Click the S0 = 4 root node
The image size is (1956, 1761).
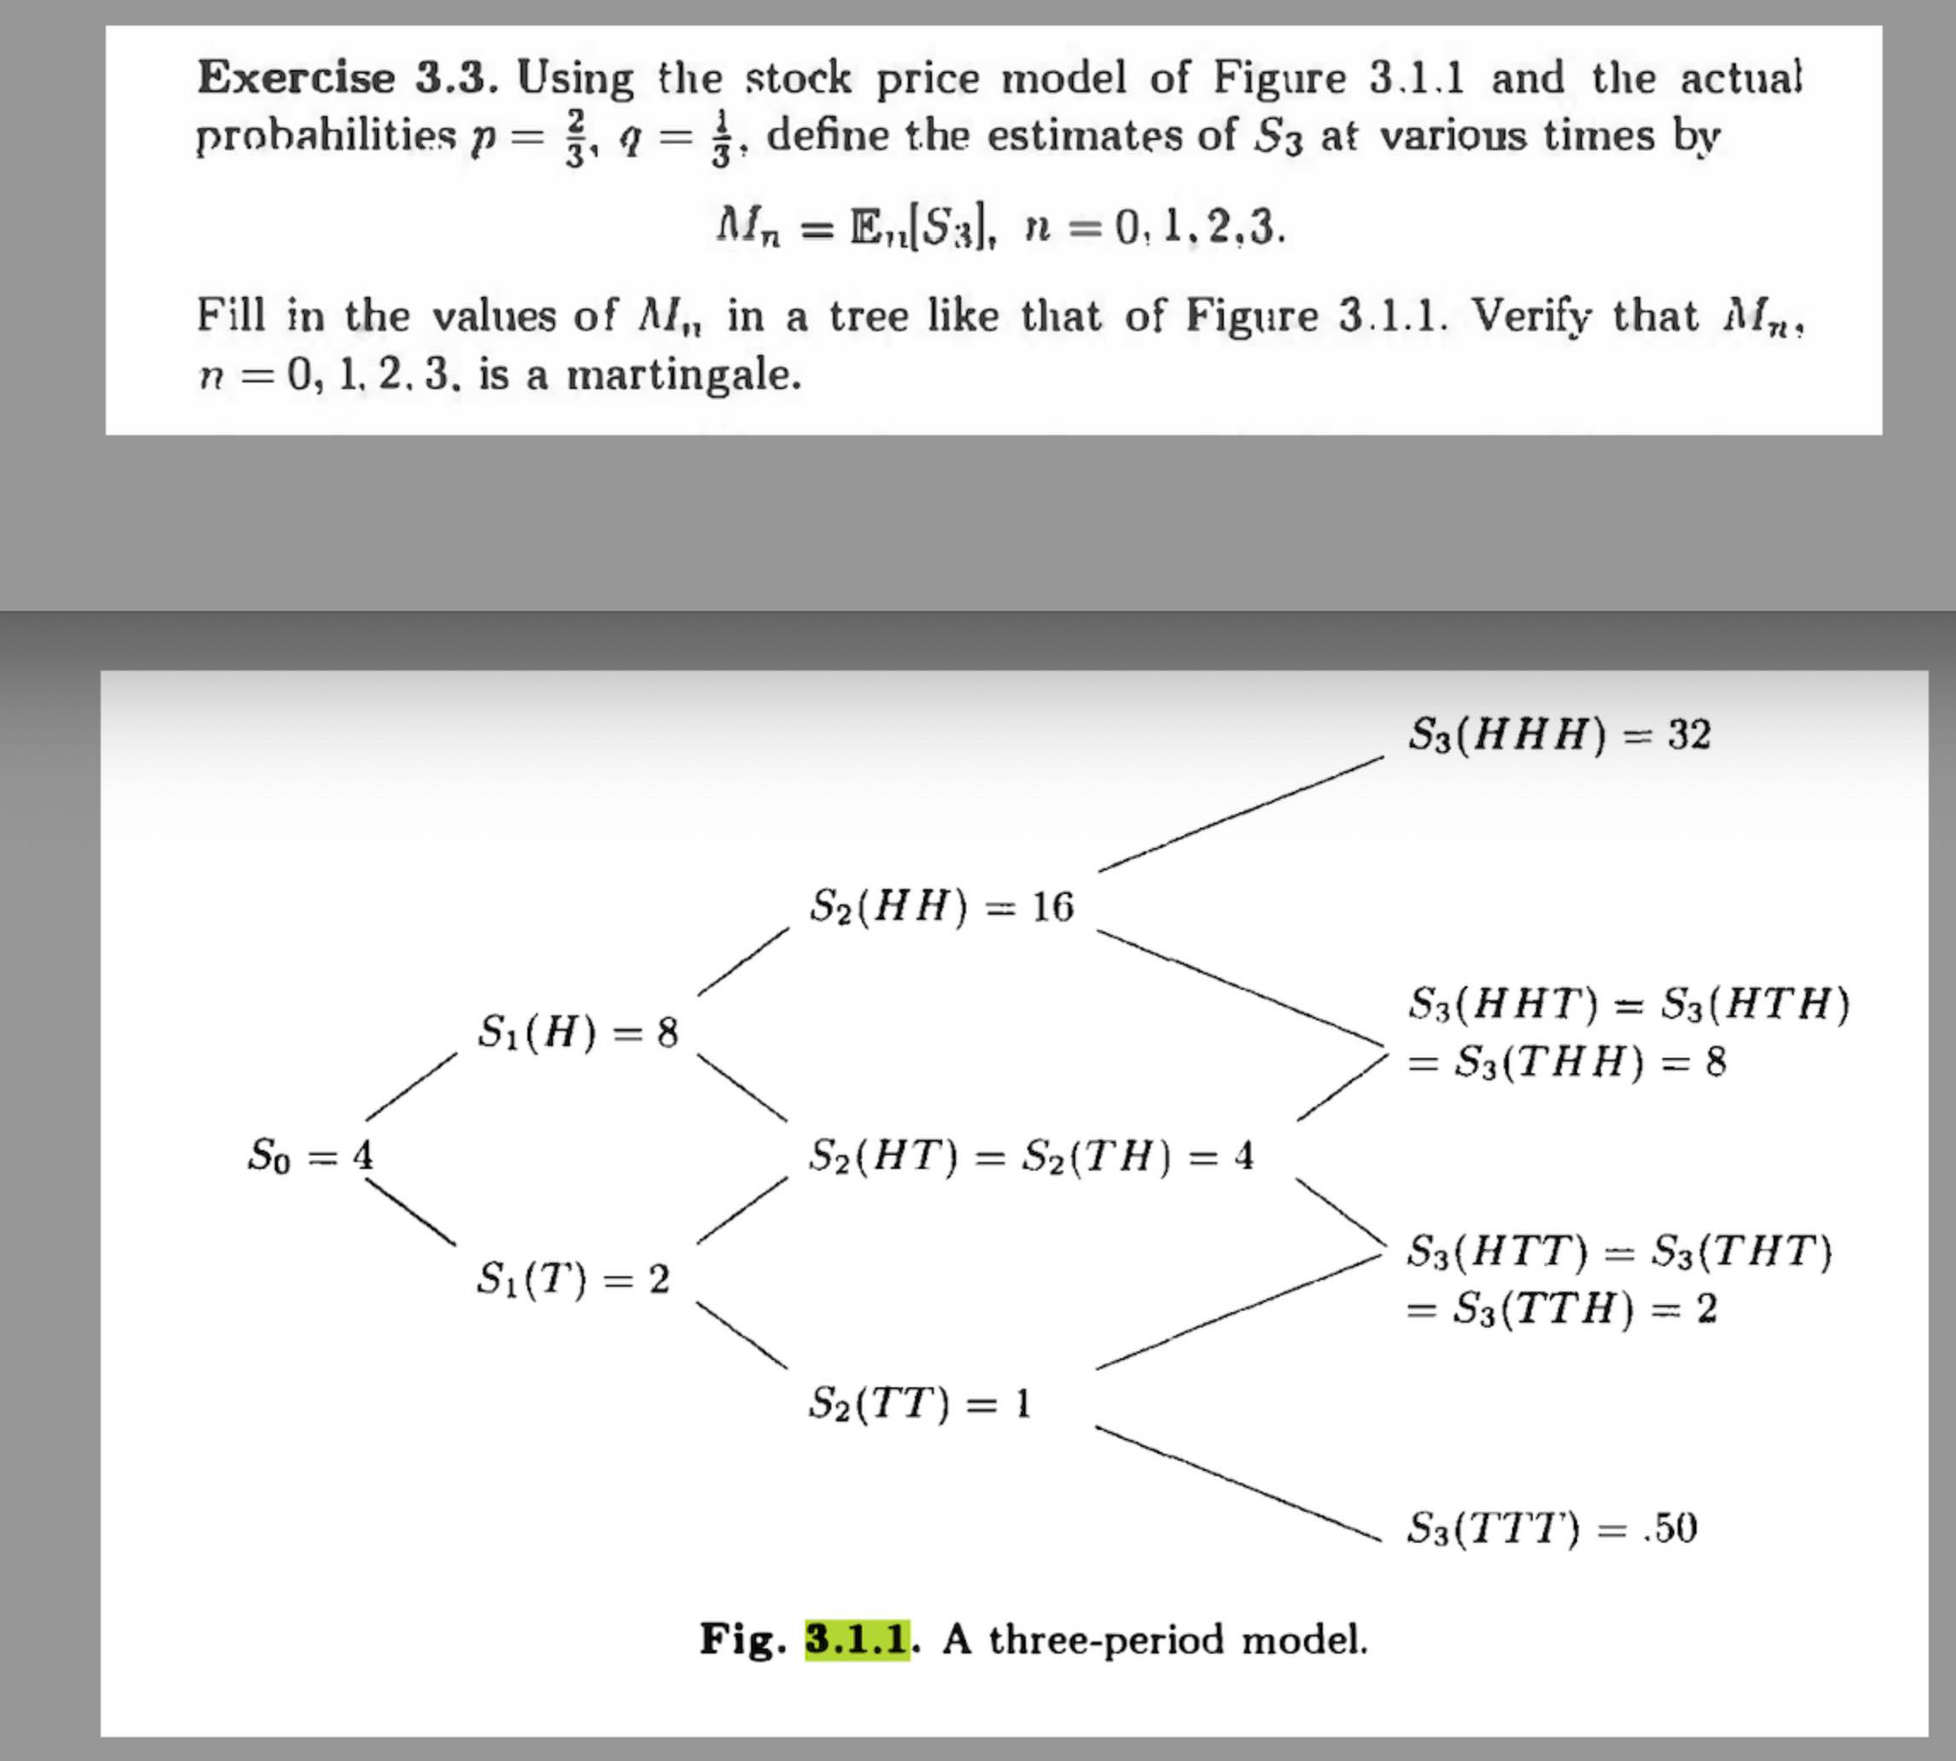(x=311, y=1155)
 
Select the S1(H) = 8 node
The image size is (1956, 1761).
(x=578, y=1032)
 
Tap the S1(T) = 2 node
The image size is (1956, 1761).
(x=573, y=1279)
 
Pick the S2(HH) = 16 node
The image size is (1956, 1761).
(x=940, y=907)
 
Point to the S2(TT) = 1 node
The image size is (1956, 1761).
(x=919, y=1402)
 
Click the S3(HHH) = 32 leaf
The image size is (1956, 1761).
(x=1559, y=735)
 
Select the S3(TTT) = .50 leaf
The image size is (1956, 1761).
(x=1551, y=1529)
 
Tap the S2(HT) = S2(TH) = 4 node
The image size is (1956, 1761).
(x=1031, y=1155)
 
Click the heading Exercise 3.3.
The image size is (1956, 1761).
(x=348, y=78)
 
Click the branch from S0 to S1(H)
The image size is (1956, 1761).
(x=410, y=1088)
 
